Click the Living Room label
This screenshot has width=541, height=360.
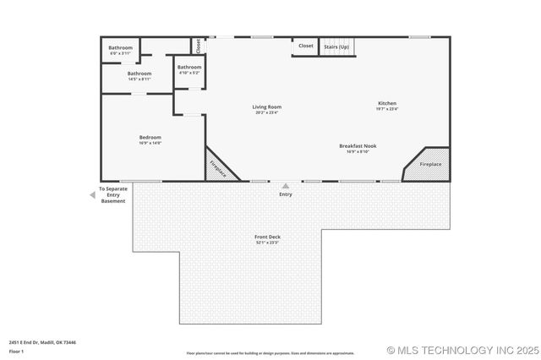click(x=266, y=107)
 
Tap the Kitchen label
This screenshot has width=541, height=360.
click(x=387, y=104)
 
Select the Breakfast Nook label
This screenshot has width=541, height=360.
click(x=358, y=146)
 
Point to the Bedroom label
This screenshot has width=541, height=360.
click(x=150, y=137)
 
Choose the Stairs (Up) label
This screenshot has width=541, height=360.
click(x=336, y=46)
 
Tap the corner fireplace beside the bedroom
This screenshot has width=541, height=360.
click(x=218, y=167)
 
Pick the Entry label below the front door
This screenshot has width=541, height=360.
click(x=286, y=194)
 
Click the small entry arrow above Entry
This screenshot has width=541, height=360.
click(x=286, y=186)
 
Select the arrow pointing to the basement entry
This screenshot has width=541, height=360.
click(x=92, y=195)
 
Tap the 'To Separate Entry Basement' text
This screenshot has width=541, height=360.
click(x=113, y=195)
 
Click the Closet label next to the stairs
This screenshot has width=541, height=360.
click(x=306, y=46)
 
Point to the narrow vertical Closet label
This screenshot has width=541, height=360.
click(x=198, y=46)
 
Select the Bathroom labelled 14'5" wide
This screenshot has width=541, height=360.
click(x=139, y=74)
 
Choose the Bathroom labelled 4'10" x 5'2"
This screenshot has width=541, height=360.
click(x=189, y=68)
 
